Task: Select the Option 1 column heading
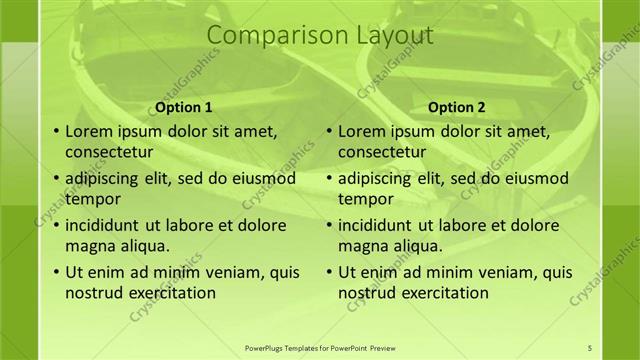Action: click(x=184, y=107)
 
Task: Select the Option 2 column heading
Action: click(x=456, y=107)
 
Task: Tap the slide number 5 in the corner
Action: click(x=590, y=348)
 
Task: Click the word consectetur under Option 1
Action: click(x=109, y=153)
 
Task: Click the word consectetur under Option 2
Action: click(x=382, y=153)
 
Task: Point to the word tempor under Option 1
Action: click(x=91, y=199)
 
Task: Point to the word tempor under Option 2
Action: click(x=364, y=199)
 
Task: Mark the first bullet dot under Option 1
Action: click(x=54, y=132)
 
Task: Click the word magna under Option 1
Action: click(x=88, y=246)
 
